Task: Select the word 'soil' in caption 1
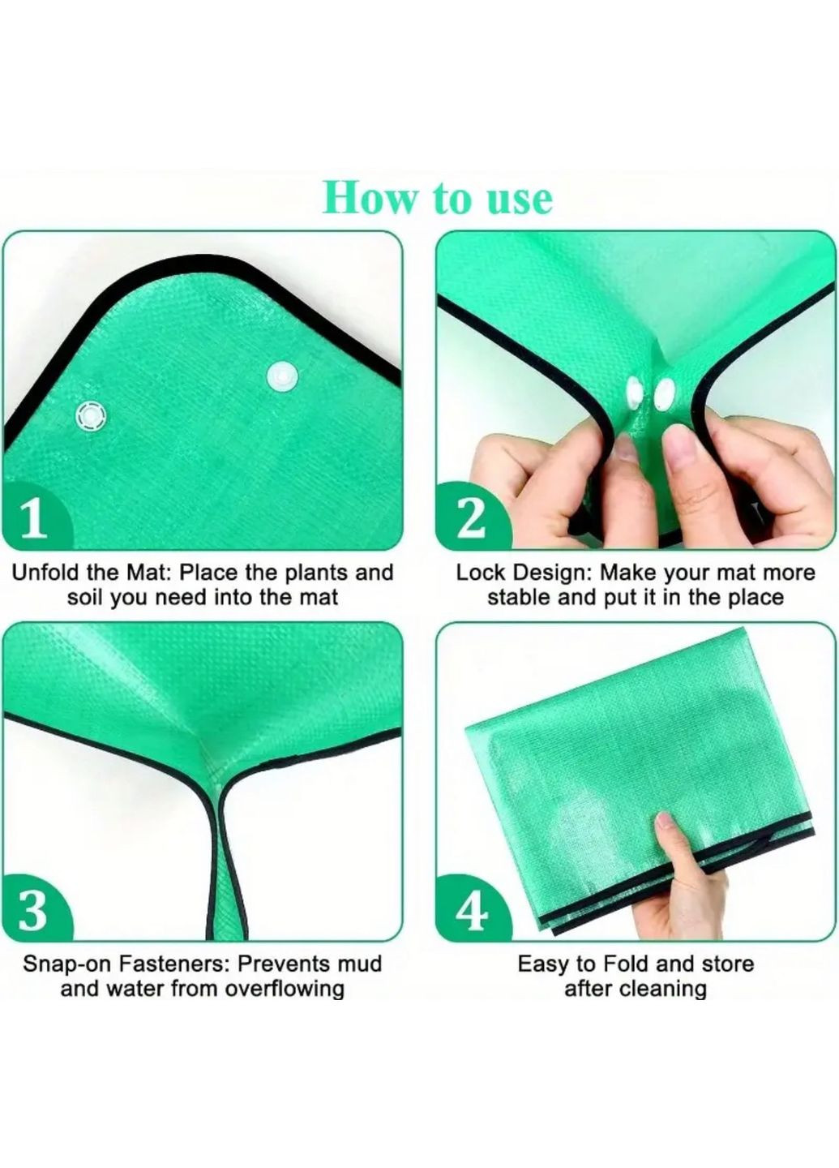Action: coord(86,597)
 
